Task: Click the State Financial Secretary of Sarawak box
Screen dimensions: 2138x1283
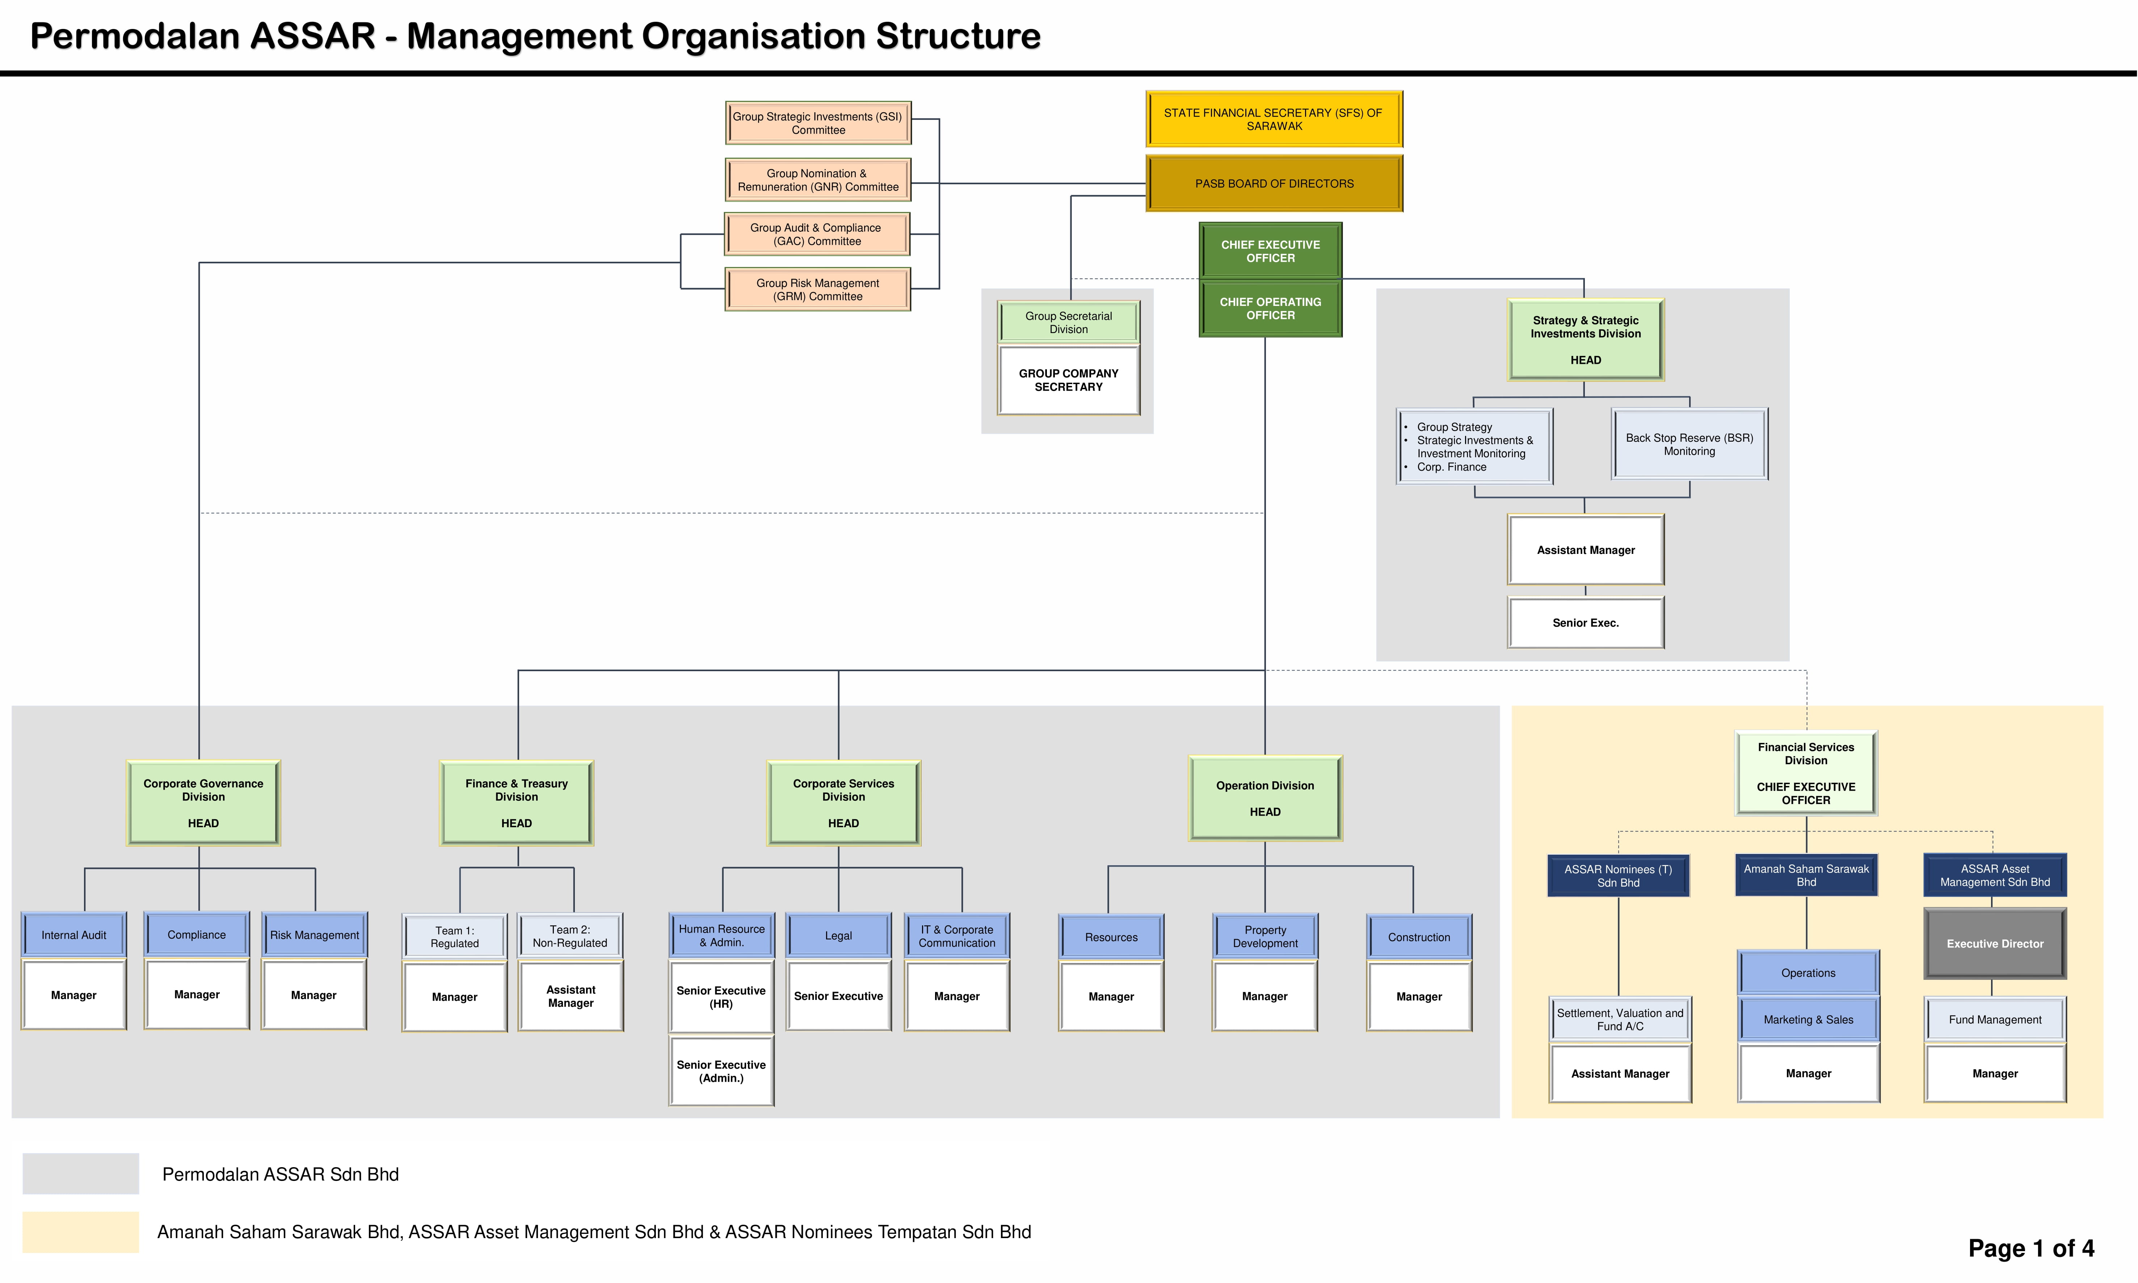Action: tap(1274, 119)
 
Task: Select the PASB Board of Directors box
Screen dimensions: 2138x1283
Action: tap(1274, 183)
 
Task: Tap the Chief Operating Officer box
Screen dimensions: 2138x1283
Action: tap(1270, 309)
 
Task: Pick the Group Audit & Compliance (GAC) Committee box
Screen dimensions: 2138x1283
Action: tap(817, 234)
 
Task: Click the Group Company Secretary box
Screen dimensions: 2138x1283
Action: tap(1069, 380)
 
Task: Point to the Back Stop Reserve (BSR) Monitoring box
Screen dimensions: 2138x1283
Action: tap(1689, 445)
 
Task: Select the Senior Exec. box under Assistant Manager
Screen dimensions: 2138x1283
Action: tap(1586, 622)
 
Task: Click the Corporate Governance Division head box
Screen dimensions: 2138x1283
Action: tap(203, 803)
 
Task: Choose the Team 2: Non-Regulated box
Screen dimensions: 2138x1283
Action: tap(571, 936)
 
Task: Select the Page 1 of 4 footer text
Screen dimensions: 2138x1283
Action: tap(2031, 1248)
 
